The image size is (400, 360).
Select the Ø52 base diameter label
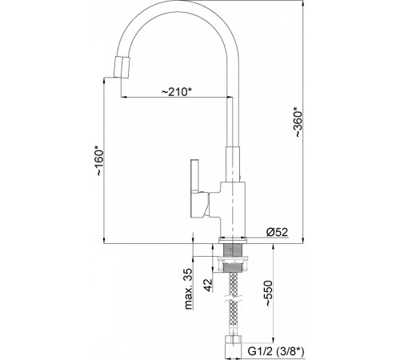pos(277,233)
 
